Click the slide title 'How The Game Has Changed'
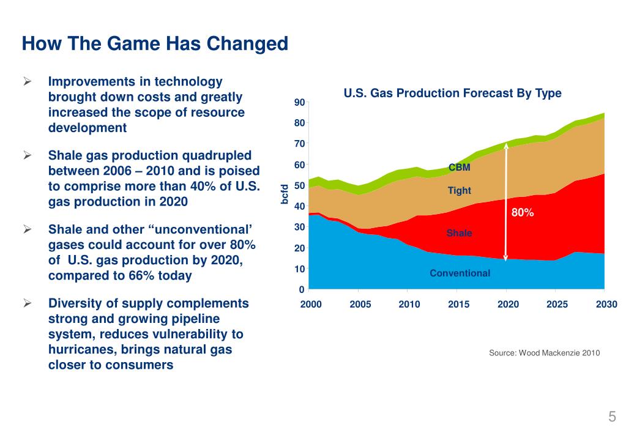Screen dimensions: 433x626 pyautogui.click(x=155, y=45)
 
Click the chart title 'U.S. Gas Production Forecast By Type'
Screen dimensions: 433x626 pyautogui.click(x=452, y=94)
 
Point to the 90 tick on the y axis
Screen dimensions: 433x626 pyautogui.click(x=299, y=102)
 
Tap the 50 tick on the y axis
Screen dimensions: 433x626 pyautogui.click(x=299, y=185)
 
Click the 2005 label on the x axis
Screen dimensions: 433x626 pyautogui.click(x=360, y=305)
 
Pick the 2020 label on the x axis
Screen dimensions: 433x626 pyautogui.click(x=507, y=305)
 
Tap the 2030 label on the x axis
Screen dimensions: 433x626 pyautogui.click(x=606, y=305)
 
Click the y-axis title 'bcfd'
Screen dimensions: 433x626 pyautogui.click(x=285, y=194)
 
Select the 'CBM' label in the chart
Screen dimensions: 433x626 pyautogui.click(x=459, y=167)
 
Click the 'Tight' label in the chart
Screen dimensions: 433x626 pyautogui.click(x=459, y=190)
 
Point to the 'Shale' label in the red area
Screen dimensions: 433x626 pyautogui.click(x=459, y=233)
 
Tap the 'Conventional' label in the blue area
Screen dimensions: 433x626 pyautogui.click(x=460, y=273)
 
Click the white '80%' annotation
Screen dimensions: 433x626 pyautogui.click(x=523, y=213)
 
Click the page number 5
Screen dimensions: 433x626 pyautogui.click(x=611, y=417)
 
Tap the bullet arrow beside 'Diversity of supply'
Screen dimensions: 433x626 pyautogui.click(x=28, y=303)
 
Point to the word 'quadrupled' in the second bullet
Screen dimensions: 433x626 pyautogui.click(x=220, y=155)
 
